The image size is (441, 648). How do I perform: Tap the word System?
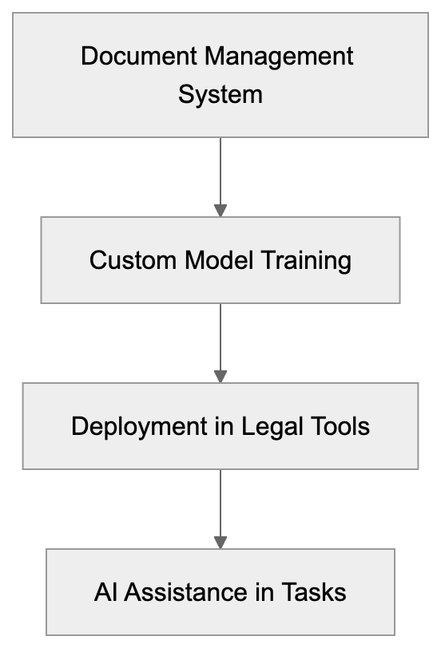point(220,95)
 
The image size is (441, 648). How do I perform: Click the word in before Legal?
point(226,426)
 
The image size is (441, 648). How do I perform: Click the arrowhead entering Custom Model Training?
point(220,211)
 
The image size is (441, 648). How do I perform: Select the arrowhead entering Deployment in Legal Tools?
point(220,376)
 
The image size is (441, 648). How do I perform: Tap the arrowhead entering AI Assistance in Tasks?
point(220,542)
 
